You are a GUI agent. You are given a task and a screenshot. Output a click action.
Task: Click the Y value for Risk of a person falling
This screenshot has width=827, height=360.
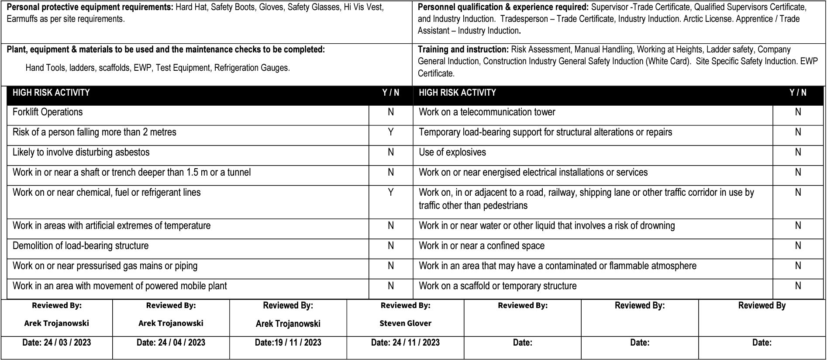click(391, 132)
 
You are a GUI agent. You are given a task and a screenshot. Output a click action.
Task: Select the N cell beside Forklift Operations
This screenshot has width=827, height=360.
click(391, 112)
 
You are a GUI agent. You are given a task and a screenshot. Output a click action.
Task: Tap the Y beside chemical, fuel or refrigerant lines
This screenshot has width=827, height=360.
click(391, 192)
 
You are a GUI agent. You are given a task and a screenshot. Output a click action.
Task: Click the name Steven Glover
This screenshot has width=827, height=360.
click(405, 323)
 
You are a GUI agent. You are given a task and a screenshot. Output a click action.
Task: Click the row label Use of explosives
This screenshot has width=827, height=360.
click(452, 152)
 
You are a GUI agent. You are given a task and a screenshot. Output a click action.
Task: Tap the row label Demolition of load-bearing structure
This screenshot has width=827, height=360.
click(80, 246)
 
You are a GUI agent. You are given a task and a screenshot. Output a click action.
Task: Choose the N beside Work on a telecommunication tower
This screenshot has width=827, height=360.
click(798, 112)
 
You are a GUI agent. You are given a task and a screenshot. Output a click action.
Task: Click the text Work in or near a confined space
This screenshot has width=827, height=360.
click(482, 246)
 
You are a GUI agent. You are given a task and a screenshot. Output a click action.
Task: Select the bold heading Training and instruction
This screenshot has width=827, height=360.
click(463, 50)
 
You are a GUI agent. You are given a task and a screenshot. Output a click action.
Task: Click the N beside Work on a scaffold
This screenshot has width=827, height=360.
click(798, 286)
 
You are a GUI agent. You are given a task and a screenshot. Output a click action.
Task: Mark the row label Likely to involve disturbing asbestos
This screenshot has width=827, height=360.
click(81, 152)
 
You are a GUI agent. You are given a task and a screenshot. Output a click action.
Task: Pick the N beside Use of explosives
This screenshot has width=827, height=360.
click(798, 152)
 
